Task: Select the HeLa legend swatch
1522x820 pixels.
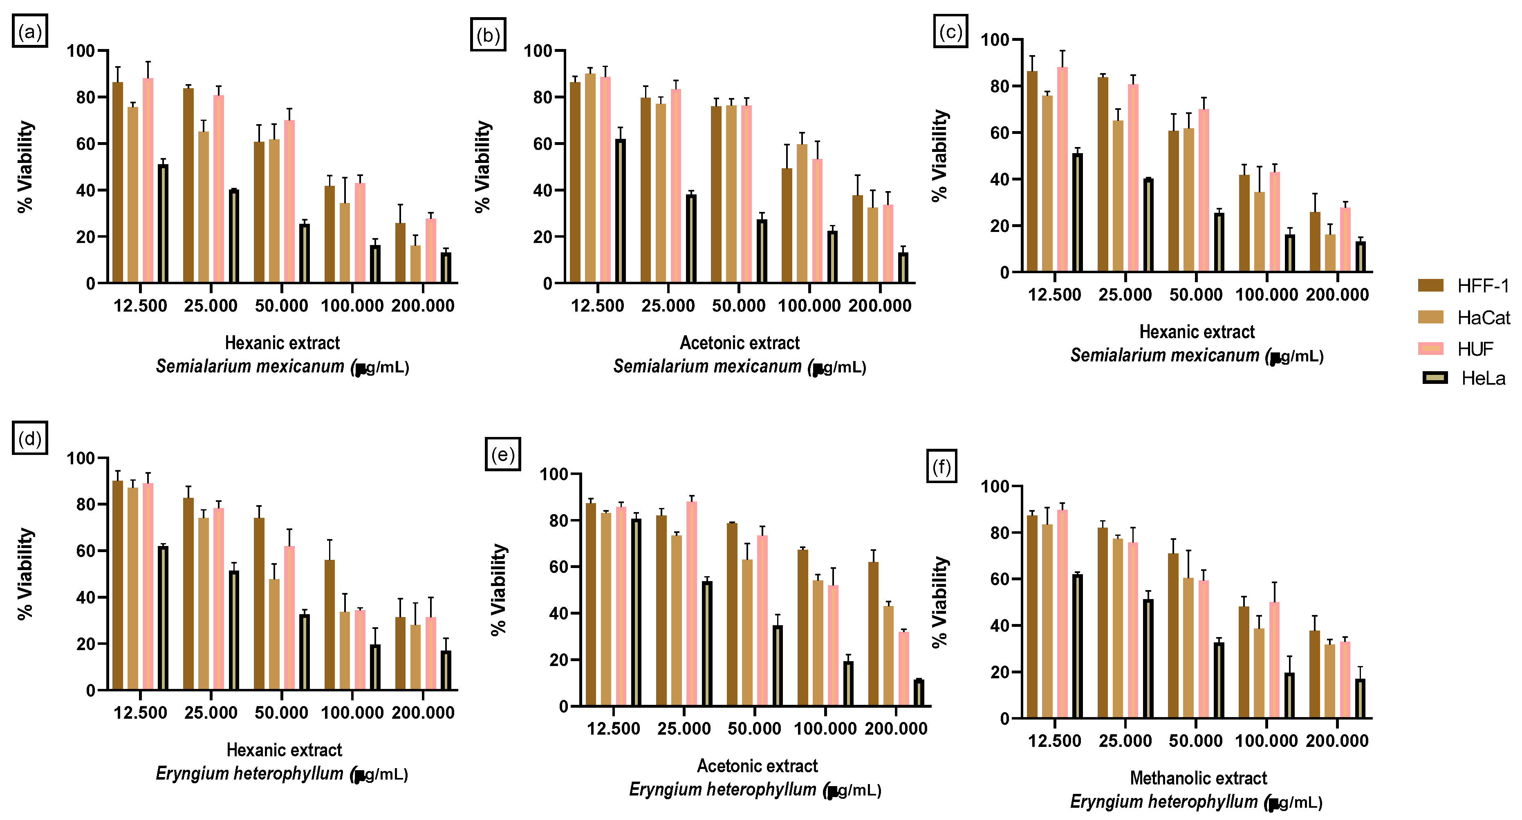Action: [x=1435, y=378]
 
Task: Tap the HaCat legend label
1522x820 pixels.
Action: [x=1483, y=318]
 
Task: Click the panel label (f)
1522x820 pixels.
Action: [x=941, y=466]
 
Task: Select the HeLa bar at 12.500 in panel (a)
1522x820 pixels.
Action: [x=163, y=224]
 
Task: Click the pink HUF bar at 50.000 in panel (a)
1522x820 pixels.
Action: [x=289, y=202]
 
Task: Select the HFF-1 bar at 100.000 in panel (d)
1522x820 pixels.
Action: [x=330, y=624]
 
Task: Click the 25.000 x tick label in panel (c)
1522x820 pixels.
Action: [x=1125, y=294]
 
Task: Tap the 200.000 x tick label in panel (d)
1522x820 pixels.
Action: [x=423, y=713]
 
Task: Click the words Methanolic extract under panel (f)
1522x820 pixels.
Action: [x=1198, y=778]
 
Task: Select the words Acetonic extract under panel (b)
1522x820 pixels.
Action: [x=740, y=343]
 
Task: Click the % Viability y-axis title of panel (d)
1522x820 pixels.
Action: [x=25, y=574]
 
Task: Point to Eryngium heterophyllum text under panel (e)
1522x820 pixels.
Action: [x=722, y=789]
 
